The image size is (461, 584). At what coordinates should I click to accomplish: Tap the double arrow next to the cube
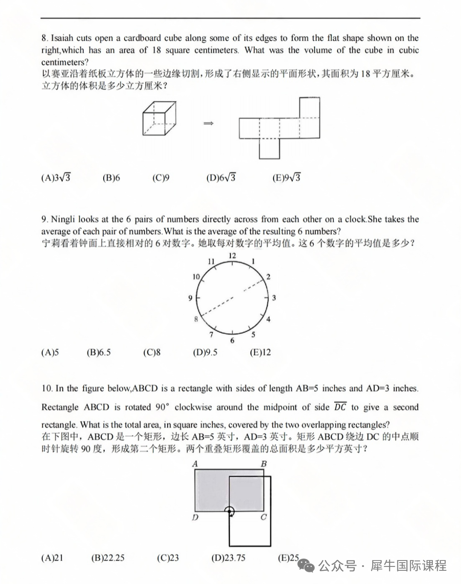pyautogui.click(x=208, y=123)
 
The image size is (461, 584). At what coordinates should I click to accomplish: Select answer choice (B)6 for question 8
pyautogui.click(x=111, y=178)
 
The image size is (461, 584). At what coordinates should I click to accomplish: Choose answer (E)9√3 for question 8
pyautogui.click(x=286, y=178)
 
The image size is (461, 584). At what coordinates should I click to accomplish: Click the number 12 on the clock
pyautogui.click(x=232, y=255)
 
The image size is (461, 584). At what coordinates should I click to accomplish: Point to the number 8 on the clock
pyautogui.click(x=196, y=319)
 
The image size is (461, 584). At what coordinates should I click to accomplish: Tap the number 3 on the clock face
pyautogui.click(x=274, y=298)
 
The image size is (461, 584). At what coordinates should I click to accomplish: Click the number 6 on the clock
pyautogui.click(x=232, y=340)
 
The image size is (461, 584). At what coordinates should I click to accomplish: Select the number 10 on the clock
pyautogui.click(x=196, y=277)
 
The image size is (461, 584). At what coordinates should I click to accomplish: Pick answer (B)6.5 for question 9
pyautogui.click(x=99, y=352)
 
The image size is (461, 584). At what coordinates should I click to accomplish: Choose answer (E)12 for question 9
pyautogui.click(x=260, y=352)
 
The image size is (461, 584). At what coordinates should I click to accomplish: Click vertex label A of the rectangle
pyautogui.click(x=195, y=464)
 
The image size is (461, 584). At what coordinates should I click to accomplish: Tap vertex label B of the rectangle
pyautogui.click(x=264, y=464)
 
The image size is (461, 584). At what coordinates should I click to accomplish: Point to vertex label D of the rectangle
pyautogui.click(x=195, y=517)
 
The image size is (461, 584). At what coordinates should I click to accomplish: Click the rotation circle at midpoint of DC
pyautogui.click(x=230, y=511)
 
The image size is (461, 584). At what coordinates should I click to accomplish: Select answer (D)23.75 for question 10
pyautogui.click(x=228, y=558)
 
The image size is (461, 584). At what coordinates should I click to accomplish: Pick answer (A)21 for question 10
pyautogui.click(x=52, y=558)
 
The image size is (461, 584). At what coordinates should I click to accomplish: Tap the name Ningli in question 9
pyautogui.click(x=63, y=220)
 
